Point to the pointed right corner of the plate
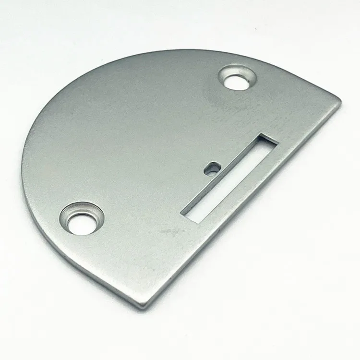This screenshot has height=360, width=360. point(340,100)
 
